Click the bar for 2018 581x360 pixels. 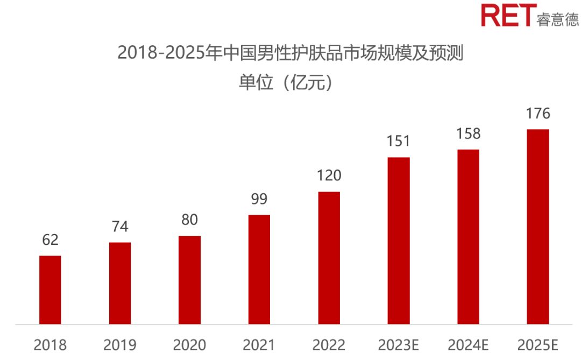[x=50, y=290]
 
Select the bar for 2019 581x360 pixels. [x=120, y=284]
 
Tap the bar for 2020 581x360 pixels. [x=189, y=280]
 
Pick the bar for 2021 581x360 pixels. [x=259, y=270]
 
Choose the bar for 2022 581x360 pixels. [x=329, y=258]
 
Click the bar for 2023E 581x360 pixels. [x=399, y=241]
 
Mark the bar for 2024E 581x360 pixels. [x=468, y=237]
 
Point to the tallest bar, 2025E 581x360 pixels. [x=538, y=227]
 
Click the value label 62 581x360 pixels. [x=50, y=240]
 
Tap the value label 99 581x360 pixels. [x=259, y=199]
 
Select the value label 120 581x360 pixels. [x=329, y=176]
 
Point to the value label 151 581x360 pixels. [x=399, y=142]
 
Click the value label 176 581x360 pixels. [x=538, y=114]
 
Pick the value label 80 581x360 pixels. [x=189, y=220]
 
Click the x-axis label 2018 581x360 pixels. [x=50, y=345]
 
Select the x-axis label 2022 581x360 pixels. [x=329, y=345]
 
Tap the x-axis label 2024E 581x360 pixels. [x=468, y=345]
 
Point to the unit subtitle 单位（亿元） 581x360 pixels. [x=290, y=83]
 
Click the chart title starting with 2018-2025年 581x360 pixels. [x=290, y=54]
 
